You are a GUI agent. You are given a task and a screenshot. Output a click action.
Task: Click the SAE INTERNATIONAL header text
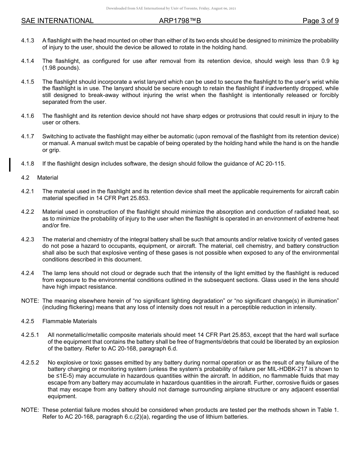57,21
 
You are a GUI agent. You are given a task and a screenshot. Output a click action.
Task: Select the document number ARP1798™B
180,21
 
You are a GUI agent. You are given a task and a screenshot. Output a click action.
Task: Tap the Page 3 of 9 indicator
320,21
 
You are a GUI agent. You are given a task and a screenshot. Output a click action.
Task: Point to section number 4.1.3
28,41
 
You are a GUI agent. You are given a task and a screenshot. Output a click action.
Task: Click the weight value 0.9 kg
330,61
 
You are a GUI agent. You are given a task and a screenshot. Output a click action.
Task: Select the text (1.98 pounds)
61,68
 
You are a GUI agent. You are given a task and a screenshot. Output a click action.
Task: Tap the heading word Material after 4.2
48,178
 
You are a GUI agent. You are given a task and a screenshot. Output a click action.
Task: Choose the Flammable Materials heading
69,321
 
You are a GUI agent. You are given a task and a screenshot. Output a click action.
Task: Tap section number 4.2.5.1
30,335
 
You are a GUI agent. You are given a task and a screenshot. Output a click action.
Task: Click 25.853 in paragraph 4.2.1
140,198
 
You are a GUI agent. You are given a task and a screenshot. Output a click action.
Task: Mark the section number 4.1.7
28,136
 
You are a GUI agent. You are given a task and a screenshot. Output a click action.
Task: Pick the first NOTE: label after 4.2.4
30,301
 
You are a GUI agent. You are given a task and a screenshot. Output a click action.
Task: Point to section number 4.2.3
28,239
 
